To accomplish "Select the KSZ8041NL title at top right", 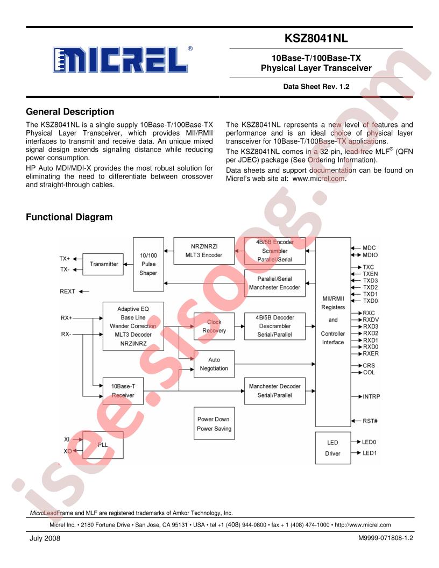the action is (316, 38).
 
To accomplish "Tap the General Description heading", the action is (70, 111).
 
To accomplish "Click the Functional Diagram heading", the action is (69, 217).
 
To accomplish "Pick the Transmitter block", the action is (103, 264).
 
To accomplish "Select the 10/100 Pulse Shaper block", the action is (148, 264).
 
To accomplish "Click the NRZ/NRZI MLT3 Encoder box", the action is (204, 251).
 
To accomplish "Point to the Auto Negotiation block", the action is (214, 364).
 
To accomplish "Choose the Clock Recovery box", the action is (214, 326).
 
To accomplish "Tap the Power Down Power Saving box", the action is (214, 423).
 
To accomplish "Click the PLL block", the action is (103, 445).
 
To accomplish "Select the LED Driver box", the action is (333, 448).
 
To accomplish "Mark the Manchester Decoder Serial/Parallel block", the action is (274, 391).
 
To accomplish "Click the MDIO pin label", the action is (370, 255).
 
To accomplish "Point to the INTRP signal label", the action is (371, 396).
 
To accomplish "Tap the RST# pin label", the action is (370, 421).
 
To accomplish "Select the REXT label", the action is (67, 291).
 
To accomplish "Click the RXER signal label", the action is (371, 353).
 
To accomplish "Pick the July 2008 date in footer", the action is (45, 538).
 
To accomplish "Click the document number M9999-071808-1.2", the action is (385, 538).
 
